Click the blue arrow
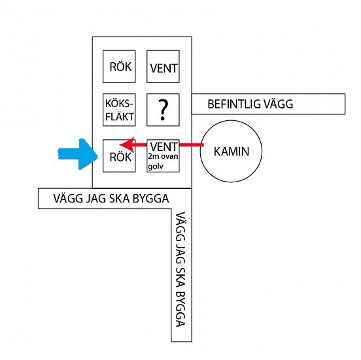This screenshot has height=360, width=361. [x=78, y=154]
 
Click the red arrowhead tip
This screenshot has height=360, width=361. [x=120, y=145]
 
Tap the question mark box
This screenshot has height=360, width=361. [x=163, y=110]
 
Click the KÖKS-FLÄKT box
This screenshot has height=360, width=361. [x=119, y=110]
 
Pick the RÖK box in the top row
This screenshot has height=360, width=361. [x=119, y=67]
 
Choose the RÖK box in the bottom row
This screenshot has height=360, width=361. [x=119, y=155]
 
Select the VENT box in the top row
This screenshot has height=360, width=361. [x=163, y=67]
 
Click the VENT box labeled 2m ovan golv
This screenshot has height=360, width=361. [x=163, y=155]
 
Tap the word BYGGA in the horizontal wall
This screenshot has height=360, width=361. [x=151, y=199]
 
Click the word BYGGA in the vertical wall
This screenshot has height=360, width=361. [x=181, y=309]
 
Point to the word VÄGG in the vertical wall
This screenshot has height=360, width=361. [x=181, y=226]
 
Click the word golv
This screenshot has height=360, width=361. [x=156, y=166]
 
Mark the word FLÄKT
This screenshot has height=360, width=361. [x=120, y=117]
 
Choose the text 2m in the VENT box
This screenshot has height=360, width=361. [x=152, y=156]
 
